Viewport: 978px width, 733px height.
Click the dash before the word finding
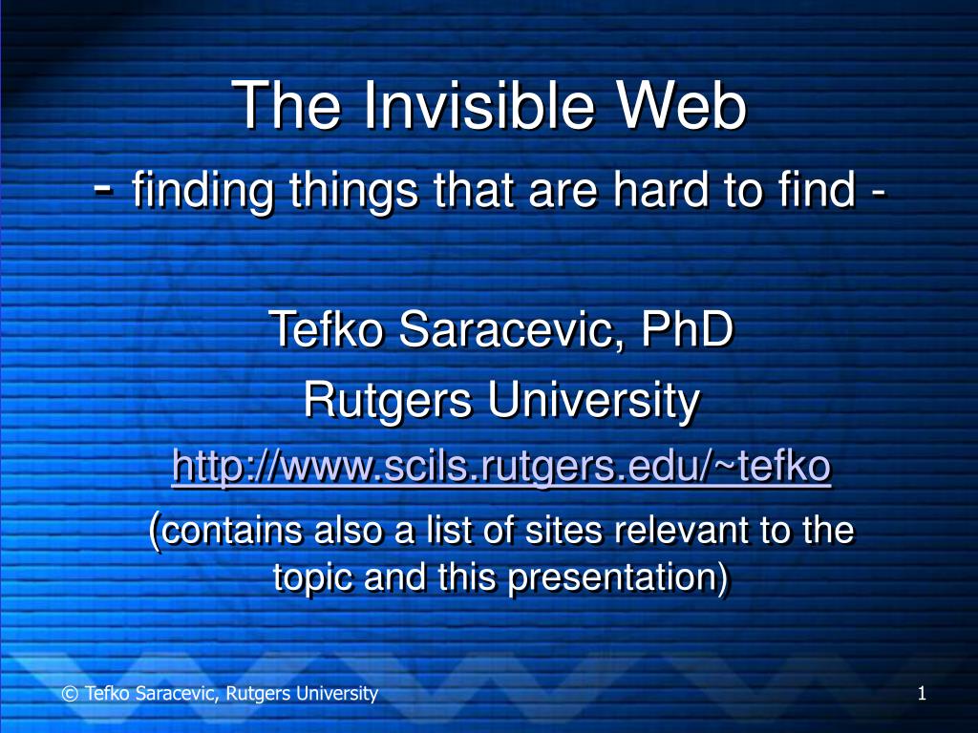104,187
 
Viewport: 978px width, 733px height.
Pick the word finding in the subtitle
202,190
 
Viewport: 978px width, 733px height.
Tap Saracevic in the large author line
512,329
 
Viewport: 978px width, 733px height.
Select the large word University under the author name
594,401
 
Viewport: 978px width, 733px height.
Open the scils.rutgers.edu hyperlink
501,466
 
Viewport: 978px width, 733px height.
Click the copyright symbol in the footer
70,694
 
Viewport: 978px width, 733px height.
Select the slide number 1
922,693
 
